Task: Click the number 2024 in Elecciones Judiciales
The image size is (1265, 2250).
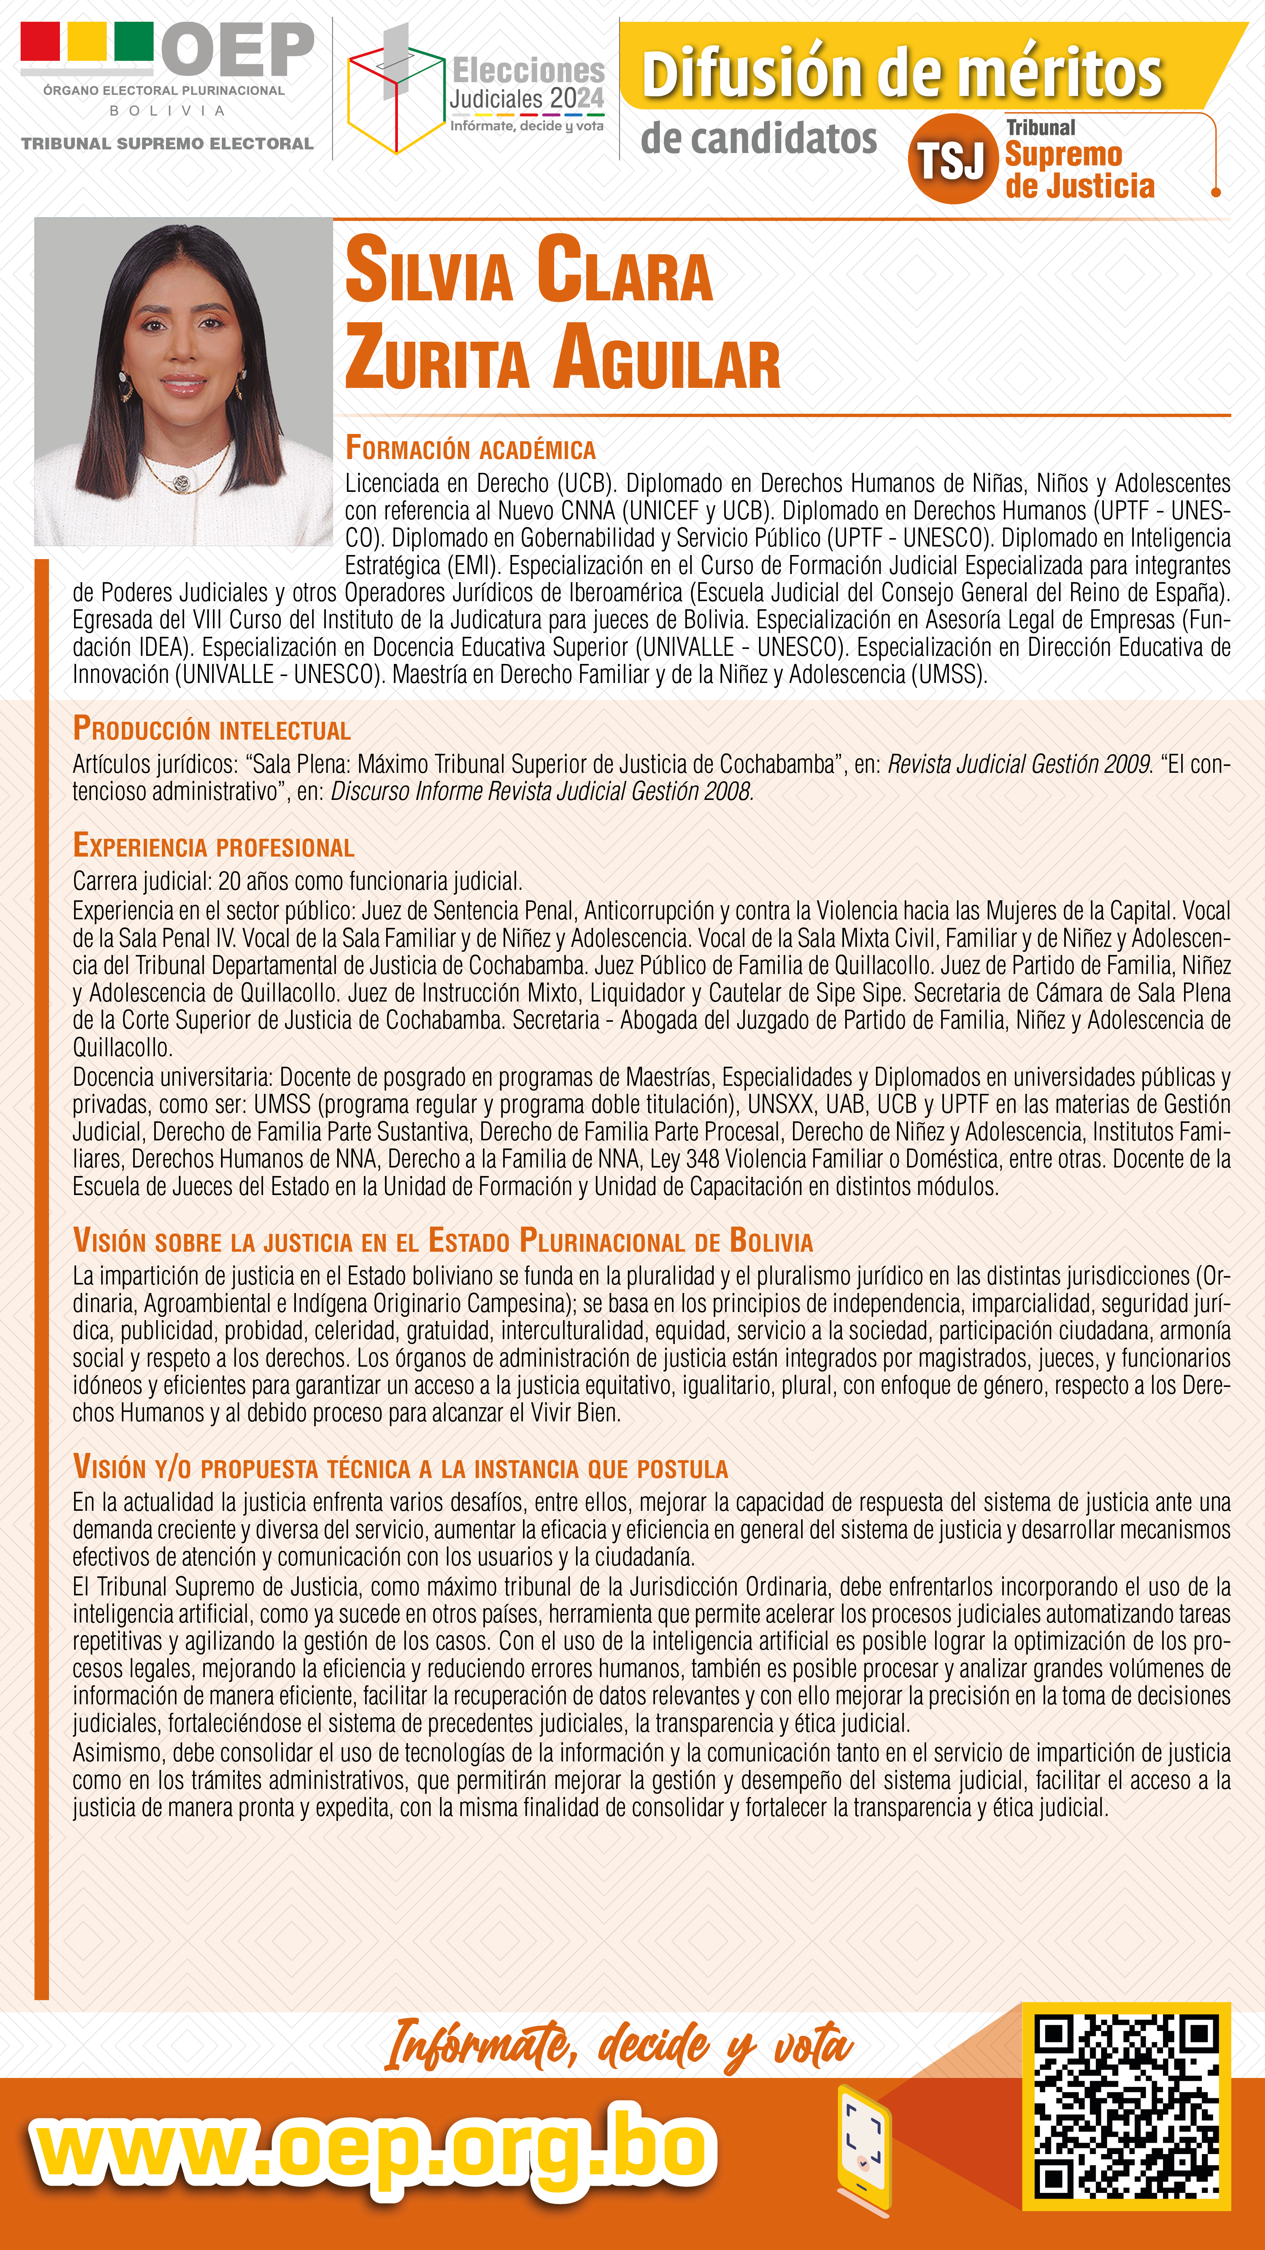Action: click(578, 99)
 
